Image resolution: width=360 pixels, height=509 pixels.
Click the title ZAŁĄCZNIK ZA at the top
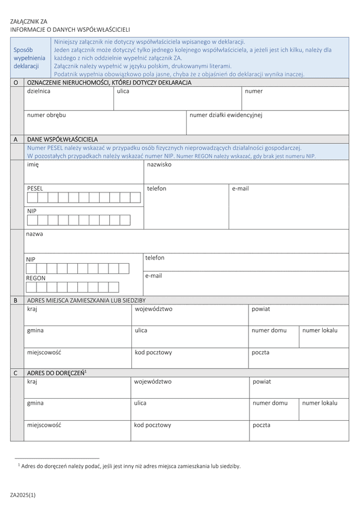29,21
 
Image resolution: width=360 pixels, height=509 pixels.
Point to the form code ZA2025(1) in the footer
23,495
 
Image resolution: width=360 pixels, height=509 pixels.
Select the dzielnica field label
38,91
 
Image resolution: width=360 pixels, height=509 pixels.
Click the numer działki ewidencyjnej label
226,115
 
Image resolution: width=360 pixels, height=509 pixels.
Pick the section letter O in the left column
15,82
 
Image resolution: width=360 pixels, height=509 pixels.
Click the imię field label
32,164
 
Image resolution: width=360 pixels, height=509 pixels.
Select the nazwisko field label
160,164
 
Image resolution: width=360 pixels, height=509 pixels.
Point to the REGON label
35,278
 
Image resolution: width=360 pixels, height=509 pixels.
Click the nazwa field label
34,234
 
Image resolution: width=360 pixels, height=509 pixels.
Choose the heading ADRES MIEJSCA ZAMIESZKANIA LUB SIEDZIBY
86,300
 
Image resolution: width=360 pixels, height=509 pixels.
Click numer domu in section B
269,330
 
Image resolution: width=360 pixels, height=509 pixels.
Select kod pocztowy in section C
152,425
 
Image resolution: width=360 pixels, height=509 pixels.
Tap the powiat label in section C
262,381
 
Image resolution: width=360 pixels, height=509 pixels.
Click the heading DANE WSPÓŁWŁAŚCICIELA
62,139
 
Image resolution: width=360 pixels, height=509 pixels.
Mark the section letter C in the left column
15,373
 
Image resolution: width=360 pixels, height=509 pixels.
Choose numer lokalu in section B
320,330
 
